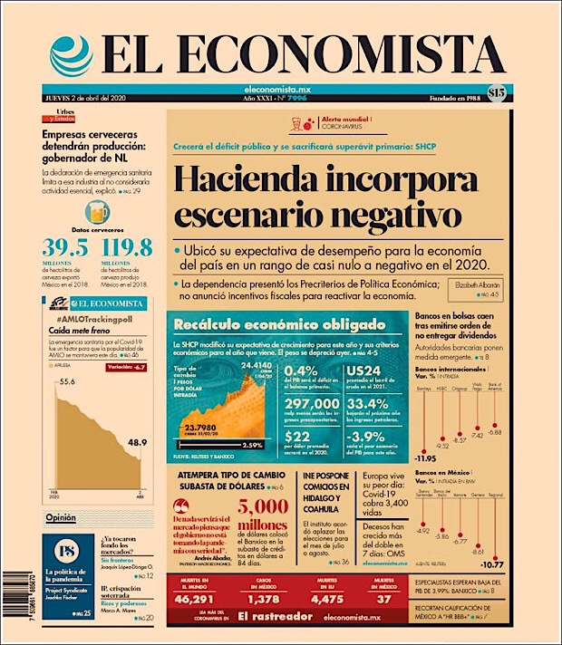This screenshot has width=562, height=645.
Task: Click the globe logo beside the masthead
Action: click(70, 54)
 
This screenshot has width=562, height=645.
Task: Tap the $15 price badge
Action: click(497, 92)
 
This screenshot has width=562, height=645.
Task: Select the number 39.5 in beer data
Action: click(66, 249)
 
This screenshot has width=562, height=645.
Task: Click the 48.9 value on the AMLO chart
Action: click(135, 443)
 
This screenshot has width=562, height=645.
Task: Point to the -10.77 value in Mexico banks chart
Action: click(492, 563)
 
